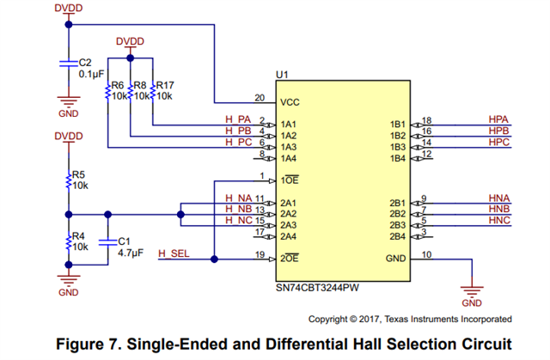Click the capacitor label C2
click(x=84, y=63)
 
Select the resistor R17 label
click(x=165, y=85)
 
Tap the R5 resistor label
click(x=78, y=174)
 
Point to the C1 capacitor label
click(x=123, y=241)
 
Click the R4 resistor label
click(x=78, y=235)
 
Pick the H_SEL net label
click(x=174, y=253)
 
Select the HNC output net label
click(x=499, y=221)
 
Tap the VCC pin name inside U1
click(x=290, y=101)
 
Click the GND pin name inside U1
click(x=394, y=258)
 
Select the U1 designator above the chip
click(x=281, y=77)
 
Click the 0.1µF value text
click(x=91, y=75)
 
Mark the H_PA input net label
click(x=238, y=119)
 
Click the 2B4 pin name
click(x=397, y=236)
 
